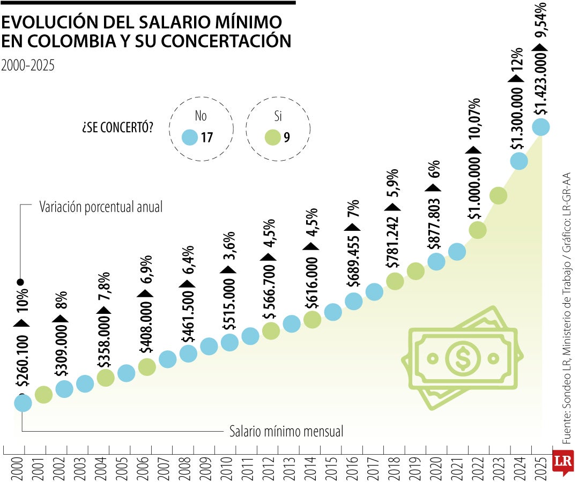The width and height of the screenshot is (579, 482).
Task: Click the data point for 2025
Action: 540,127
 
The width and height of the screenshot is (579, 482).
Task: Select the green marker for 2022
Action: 478,230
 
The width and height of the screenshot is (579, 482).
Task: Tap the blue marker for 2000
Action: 23,403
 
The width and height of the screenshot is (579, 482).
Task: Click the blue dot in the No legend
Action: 190,138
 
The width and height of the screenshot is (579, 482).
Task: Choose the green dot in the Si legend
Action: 272,138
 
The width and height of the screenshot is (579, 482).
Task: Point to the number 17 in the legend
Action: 207,138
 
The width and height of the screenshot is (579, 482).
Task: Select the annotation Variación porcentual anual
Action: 101,207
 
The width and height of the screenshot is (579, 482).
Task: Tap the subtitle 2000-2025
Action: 28,65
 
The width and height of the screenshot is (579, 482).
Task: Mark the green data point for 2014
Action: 312,320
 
